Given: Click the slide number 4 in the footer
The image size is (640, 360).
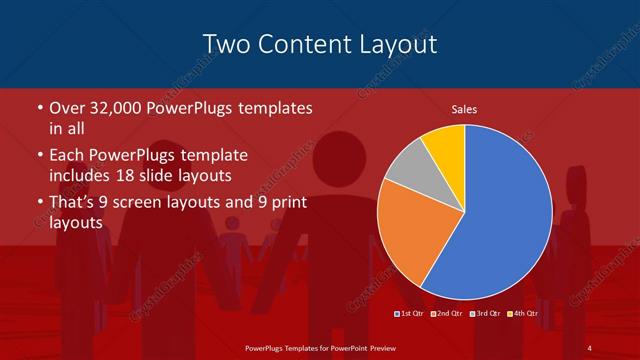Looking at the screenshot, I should click(x=590, y=347).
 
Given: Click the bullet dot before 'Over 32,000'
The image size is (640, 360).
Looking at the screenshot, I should click(x=39, y=108).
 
